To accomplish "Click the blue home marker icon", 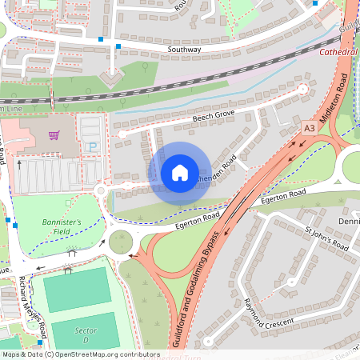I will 179,173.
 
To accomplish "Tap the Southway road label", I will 184,49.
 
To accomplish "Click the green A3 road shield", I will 310,127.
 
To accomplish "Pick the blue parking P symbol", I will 93,146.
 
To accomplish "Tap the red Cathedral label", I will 338,52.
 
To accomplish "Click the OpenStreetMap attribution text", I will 80,354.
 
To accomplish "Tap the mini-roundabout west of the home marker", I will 101,191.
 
